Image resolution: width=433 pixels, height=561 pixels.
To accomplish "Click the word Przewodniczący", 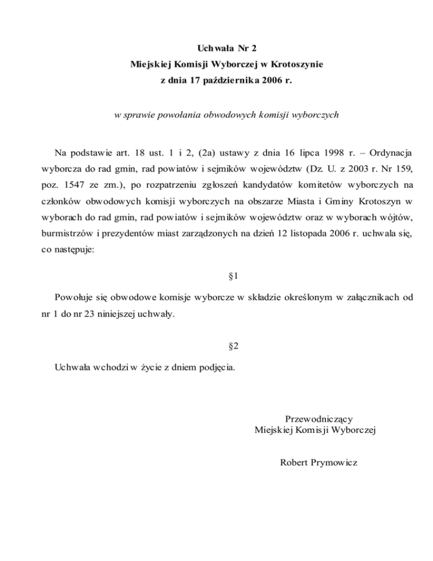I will pyautogui.click(x=319, y=419).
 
